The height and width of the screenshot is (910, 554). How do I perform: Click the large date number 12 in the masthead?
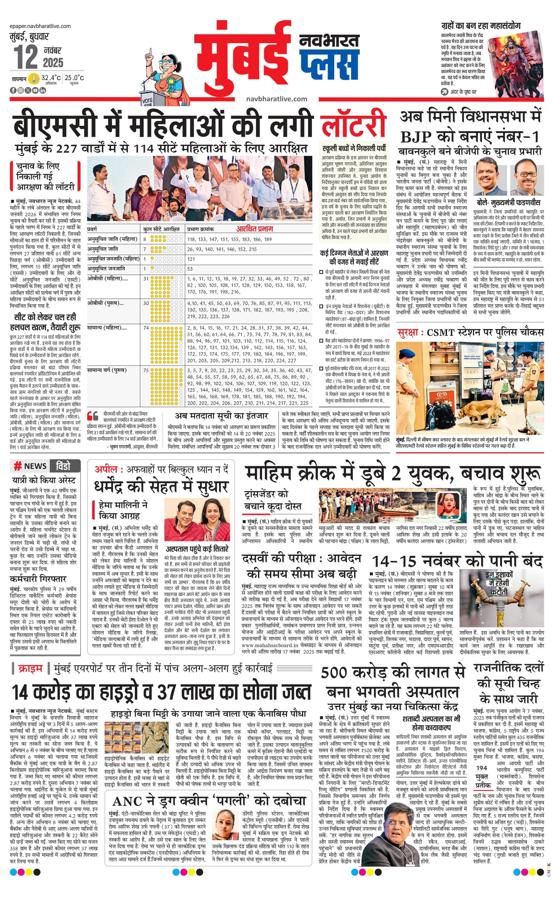(x=26, y=57)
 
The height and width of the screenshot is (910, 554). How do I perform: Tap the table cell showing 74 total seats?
(x=146, y=328)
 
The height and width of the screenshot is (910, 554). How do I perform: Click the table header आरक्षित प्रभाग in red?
(x=255, y=229)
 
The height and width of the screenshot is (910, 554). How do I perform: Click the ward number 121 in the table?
(x=191, y=259)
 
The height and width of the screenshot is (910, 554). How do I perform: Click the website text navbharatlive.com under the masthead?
(x=276, y=99)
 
